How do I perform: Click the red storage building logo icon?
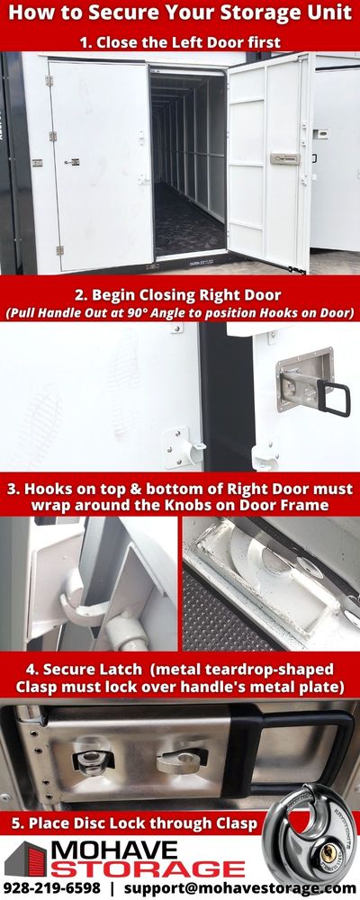coord(26,859)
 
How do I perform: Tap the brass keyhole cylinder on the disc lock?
coord(329,851)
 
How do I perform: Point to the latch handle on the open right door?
coord(284,158)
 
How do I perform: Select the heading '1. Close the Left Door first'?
coord(180,42)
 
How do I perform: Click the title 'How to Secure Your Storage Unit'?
coord(180,13)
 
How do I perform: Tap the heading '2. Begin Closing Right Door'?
coord(178,295)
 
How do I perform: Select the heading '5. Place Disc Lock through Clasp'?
coord(134,823)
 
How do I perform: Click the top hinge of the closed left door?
coord(49,80)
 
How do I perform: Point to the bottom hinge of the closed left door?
coord(59,250)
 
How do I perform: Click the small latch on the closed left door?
coord(72,162)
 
